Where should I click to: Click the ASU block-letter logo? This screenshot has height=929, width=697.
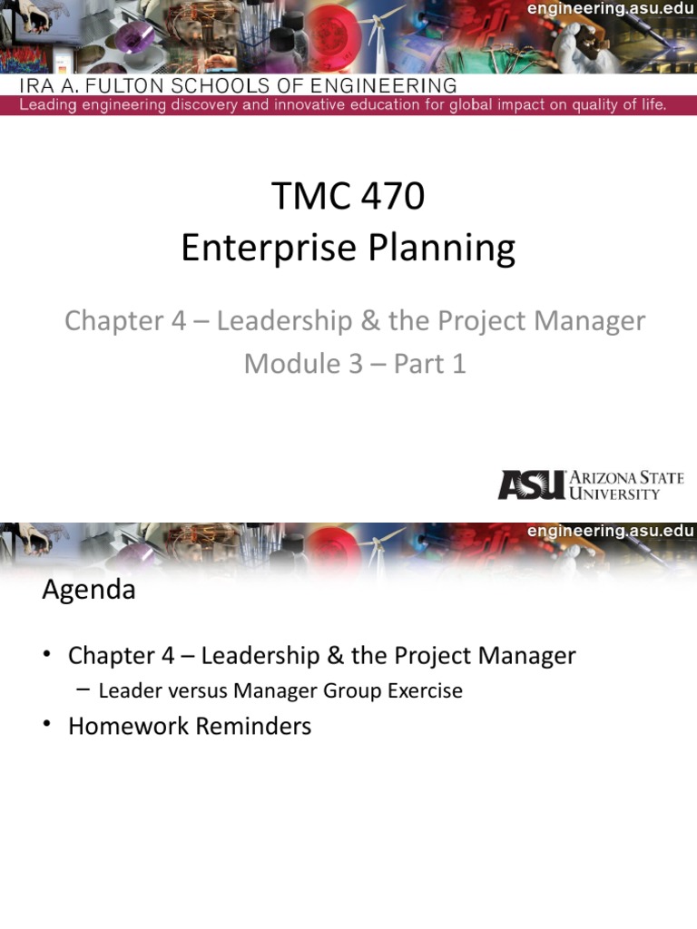(531, 484)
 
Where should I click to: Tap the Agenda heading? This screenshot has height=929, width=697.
(89, 591)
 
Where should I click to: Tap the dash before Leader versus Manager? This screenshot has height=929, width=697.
(83, 690)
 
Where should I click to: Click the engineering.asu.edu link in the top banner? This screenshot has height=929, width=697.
(612, 9)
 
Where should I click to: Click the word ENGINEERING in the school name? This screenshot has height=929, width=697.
(381, 87)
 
